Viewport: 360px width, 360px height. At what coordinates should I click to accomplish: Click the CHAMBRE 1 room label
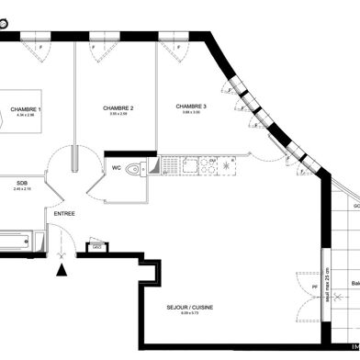pyautogui.click(x=26, y=109)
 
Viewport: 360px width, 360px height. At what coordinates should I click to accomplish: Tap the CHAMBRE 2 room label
pyautogui.click(x=119, y=108)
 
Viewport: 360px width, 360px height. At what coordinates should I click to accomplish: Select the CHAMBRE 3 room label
pyautogui.click(x=192, y=107)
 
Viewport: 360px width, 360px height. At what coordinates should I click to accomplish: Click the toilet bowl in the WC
pyautogui.click(x=137, y=168)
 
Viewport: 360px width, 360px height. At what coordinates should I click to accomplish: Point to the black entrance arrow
pyautogui.click(x=62, y=269)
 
